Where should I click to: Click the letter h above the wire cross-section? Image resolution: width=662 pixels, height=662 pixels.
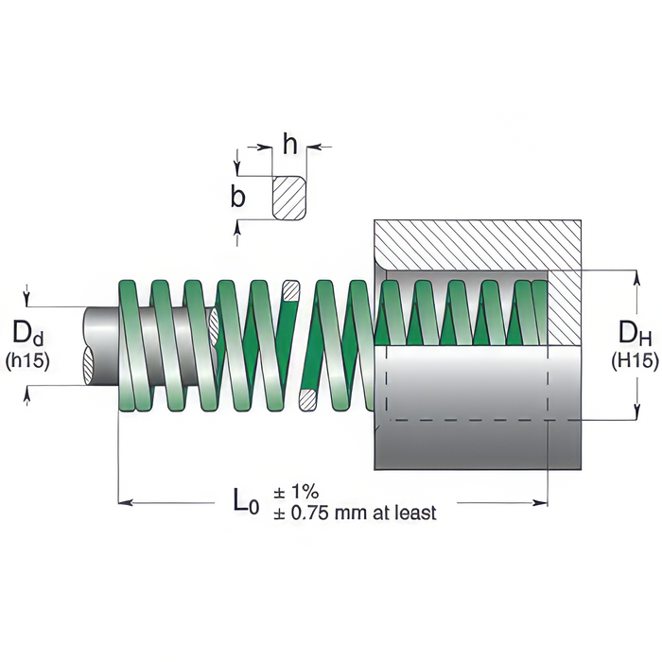pos(290,145)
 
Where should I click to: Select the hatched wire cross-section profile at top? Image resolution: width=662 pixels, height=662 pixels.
pos(289,197)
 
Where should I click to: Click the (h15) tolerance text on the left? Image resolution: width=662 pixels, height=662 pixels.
pos(28,359)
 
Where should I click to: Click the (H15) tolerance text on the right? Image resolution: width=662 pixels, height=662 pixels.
pos(631,359)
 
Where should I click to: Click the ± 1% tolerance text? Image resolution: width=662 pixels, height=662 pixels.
pos(296,492)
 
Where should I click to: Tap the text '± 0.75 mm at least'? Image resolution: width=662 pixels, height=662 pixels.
pos(355,513)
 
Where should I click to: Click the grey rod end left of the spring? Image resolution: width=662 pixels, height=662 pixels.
pos(98,345)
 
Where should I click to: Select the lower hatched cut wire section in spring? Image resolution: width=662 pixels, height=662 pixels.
pos(306,399)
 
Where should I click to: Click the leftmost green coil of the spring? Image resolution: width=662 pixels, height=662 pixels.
pos(131,345)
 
